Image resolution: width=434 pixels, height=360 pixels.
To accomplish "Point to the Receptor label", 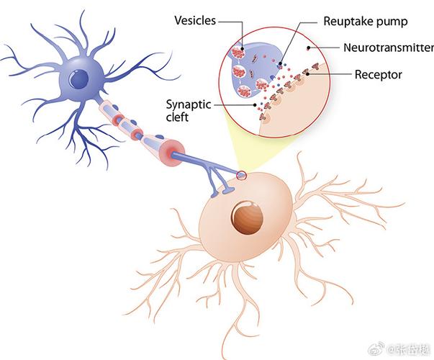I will [378, 74].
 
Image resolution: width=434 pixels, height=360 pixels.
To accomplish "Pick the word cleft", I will [177, 117].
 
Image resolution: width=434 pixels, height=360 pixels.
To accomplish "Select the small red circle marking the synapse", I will [240, 174].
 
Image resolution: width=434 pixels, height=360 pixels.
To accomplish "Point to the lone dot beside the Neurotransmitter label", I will [309, 48].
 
